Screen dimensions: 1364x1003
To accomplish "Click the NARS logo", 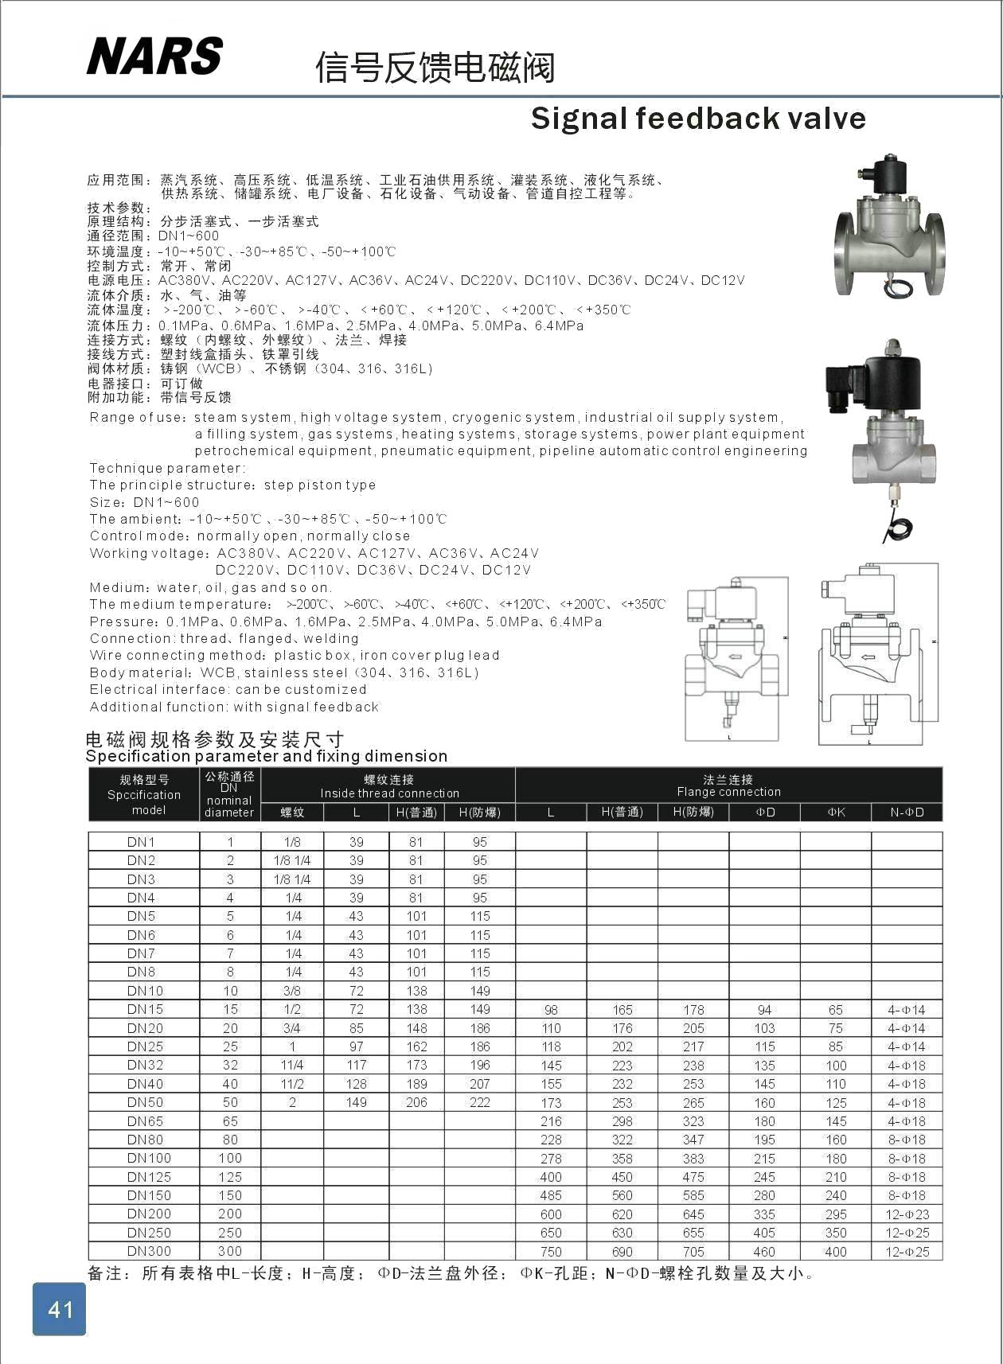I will click(154, 56).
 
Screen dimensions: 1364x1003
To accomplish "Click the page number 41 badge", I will click(60, 1309).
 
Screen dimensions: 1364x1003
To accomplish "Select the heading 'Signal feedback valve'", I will click(697, 119).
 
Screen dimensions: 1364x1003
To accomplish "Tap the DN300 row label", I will click(149, 1251).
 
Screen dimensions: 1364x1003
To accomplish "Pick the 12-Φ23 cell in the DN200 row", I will click(907, 1214).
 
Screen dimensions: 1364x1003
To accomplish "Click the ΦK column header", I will click(836, 812).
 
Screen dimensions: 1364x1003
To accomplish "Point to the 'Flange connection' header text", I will click(728, 792).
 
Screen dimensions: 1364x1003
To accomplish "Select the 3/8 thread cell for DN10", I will click(292, 991).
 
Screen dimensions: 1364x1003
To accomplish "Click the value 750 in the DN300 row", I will click(551, 1252).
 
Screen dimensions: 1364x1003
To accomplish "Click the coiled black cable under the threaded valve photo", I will click(900, 528).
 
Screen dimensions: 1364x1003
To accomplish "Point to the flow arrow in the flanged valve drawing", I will click(868, 657).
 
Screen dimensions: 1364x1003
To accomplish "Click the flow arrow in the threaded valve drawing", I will click(733, 657).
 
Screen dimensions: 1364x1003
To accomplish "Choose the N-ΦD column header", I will click(907, 812).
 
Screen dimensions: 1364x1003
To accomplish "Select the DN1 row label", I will click(142, 842).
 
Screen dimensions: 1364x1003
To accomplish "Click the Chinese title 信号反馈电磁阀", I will click(435, 67).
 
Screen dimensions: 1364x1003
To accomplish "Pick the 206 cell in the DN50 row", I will click(416, 1102).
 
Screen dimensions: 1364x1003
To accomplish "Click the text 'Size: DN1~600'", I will click(145, 502).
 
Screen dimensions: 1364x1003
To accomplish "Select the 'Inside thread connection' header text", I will click(389, 793).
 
